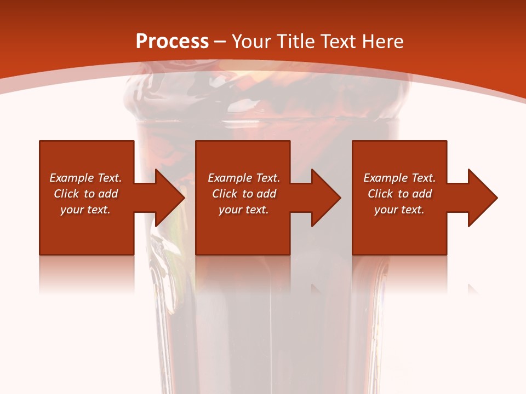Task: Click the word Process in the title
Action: (172, 42)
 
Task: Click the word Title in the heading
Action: (294, 42)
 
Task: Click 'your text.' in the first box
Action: (85, 210)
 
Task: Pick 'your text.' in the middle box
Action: (243, 210)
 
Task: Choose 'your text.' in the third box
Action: (399, 210)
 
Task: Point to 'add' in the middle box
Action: (266, 194)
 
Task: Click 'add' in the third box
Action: (422, 194)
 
